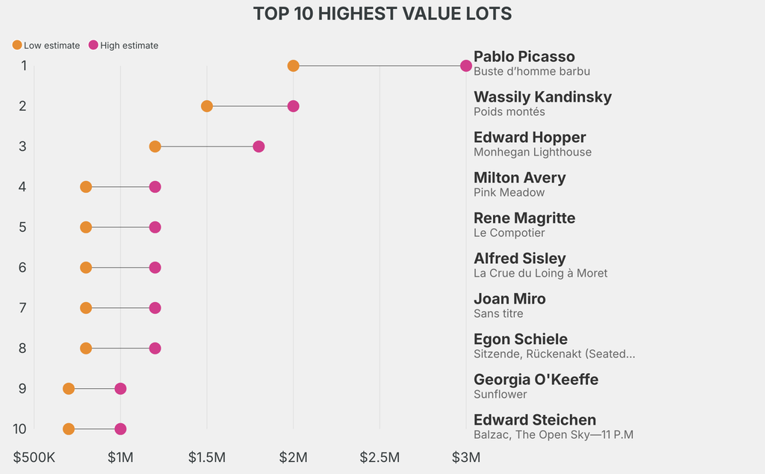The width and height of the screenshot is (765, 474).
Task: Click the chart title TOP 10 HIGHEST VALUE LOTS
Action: click(x=382, y=14)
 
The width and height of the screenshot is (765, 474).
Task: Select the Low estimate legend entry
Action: click(x=46, y=46)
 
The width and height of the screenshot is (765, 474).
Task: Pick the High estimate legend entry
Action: click(x=123, y=46)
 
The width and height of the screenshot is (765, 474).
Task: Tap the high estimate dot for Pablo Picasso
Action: click(x=466, y=66)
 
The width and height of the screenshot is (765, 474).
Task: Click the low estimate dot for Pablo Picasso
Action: click(x=293, y=66)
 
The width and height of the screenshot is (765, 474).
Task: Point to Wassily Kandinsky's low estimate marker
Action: click(x=207, y=106)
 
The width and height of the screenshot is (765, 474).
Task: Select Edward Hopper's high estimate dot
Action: click(x=258, y=147)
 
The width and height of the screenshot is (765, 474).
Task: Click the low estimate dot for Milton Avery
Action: click(x=86, y=187)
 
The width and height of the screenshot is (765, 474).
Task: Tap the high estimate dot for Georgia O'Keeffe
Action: click(x=120, y=389)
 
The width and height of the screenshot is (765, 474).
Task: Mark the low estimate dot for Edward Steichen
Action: click(x=69, y=429)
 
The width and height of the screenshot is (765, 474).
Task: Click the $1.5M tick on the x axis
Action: click(x=207, y=456)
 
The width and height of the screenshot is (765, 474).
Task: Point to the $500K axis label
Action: click(x=34, y=456)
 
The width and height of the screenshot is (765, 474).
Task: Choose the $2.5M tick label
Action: click(x=380, y=456)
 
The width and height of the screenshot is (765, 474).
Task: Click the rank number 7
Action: click(x=23, y=308)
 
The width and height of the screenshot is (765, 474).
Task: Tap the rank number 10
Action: click(x=20, y=429)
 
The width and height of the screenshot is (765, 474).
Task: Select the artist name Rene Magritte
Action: click(x=524, y=218)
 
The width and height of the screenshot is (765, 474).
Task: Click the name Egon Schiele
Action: click(x=521, y=339)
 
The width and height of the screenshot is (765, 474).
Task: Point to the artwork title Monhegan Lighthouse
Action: click(x=533, y=153)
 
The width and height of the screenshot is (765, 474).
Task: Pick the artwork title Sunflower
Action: click(x=501, y=395)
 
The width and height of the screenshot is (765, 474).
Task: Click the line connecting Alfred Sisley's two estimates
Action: click(x=120, y=268)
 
